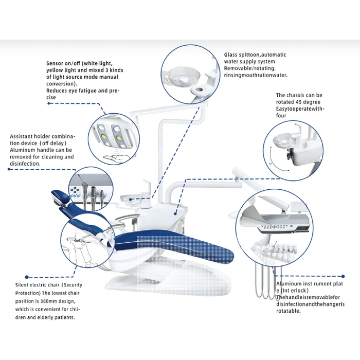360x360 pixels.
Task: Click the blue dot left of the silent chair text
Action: [x=27, y=277]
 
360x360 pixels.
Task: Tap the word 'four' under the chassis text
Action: [x=282, y=116]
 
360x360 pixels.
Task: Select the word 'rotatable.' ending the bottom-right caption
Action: [x=292, y=312]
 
